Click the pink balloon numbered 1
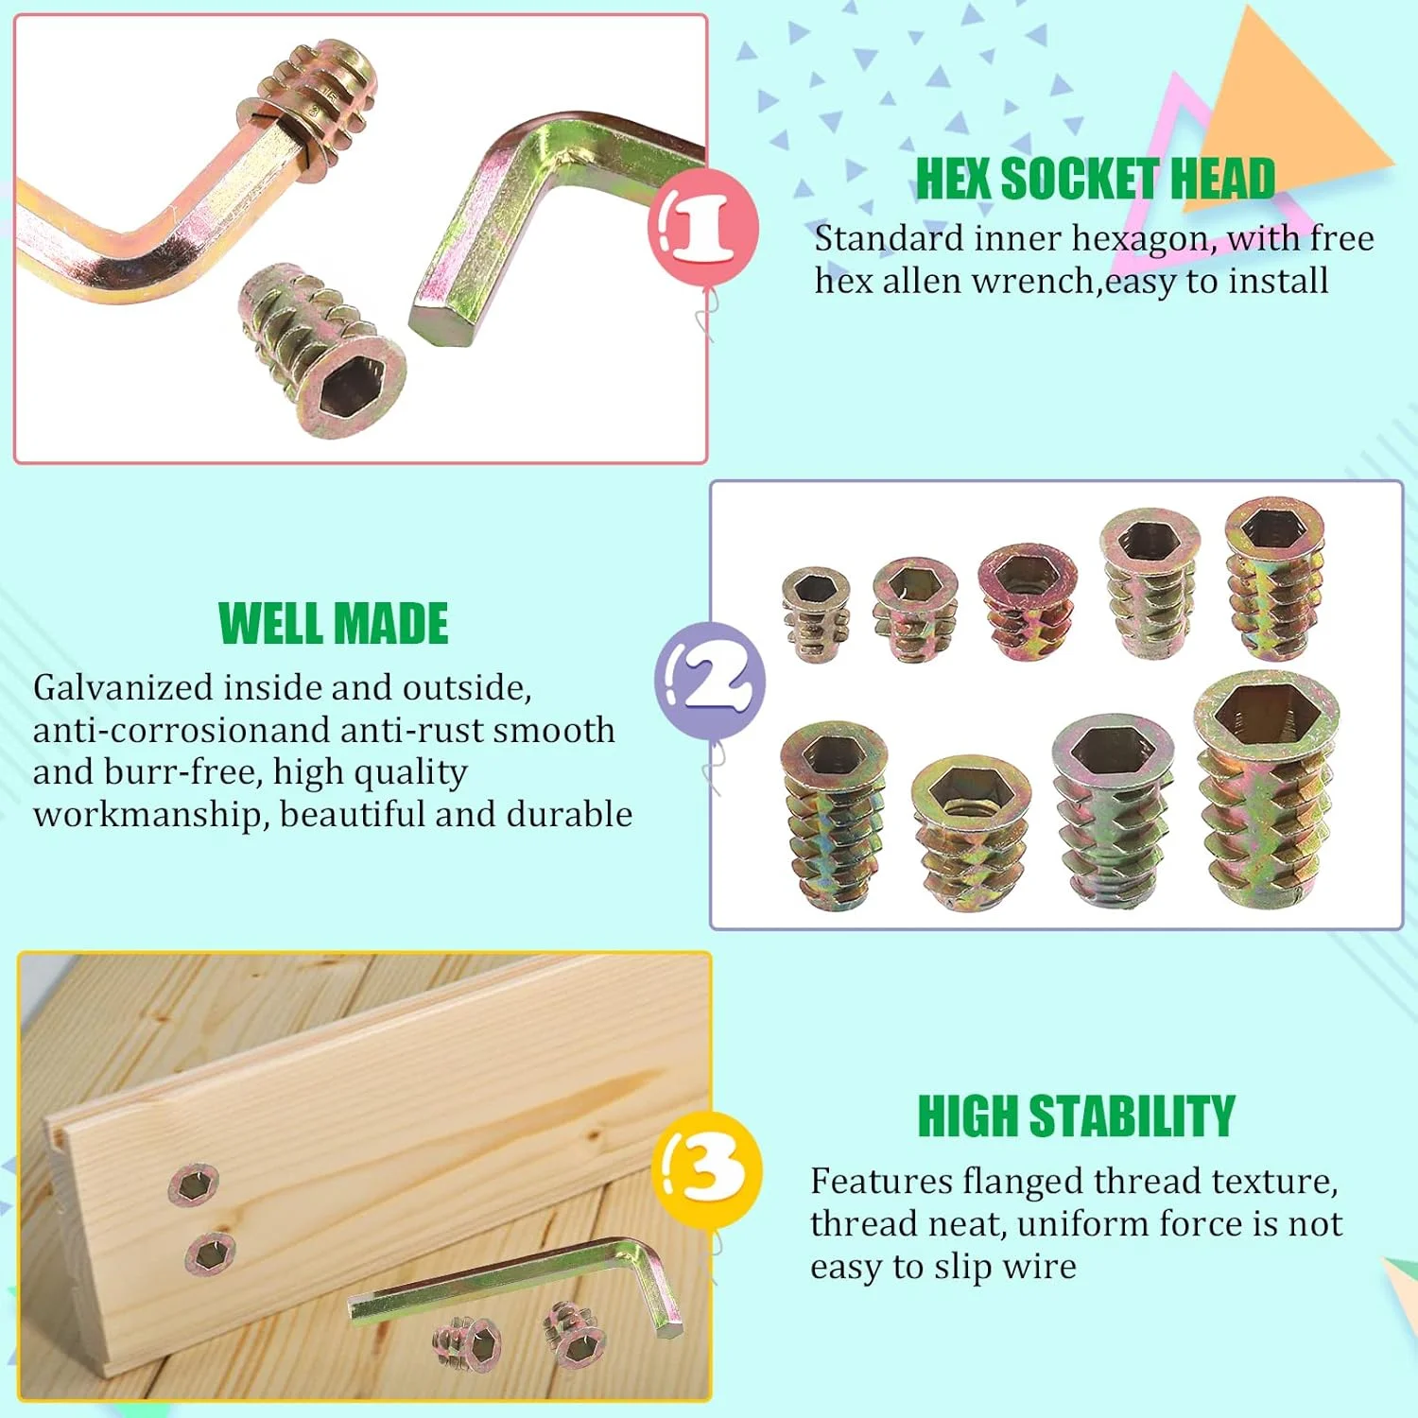(x=702, y=227)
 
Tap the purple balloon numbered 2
(x=710, y=681)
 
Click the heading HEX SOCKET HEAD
(x=1096, y=179)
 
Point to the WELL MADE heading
(x=333, y=624)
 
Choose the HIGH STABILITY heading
(x=1076, y=1116)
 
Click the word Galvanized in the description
(x=123, y=688)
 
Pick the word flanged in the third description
(x=1023, y=1183)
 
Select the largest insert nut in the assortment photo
(x=1267, y=787)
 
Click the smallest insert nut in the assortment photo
(x=816, y=614)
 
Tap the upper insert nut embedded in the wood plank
(x=194, y=1184)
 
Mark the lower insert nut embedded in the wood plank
(x=210, y=1254)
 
